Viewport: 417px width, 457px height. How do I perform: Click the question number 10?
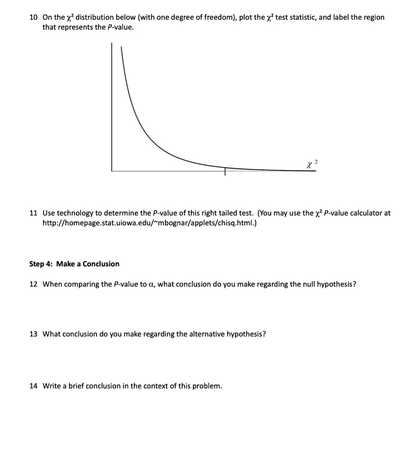point(33,17)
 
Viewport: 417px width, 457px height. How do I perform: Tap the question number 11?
point(33,213)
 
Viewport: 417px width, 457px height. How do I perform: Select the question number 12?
point(33,284)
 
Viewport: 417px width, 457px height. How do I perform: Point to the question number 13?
point(33,334)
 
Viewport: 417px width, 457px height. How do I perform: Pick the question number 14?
point(33,386)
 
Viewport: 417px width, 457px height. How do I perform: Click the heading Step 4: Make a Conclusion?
point(74,264)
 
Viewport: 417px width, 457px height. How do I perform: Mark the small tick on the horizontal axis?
point(225,172)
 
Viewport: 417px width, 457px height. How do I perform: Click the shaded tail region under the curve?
point(244,169)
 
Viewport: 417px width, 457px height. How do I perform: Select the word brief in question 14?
point(75,386)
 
